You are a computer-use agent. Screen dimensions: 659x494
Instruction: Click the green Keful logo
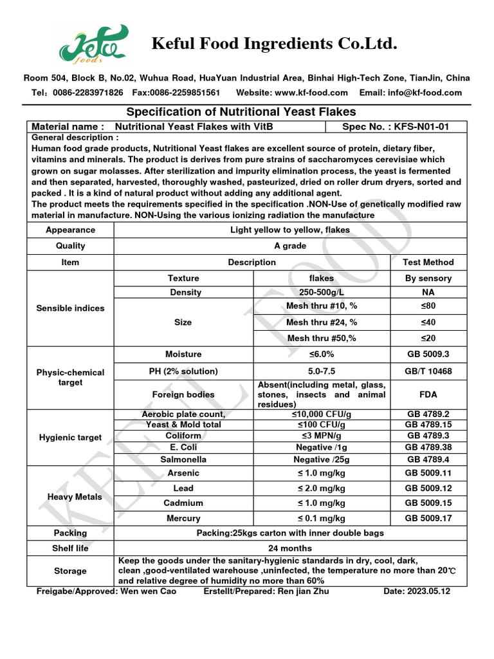[93, 47]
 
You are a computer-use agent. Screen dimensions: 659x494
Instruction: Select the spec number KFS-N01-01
[414, 127]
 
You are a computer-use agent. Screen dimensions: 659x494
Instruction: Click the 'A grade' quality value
[290, 246]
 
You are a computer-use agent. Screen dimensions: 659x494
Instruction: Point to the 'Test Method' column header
[428, 262]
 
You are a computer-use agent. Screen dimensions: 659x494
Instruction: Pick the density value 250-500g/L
[322, 292]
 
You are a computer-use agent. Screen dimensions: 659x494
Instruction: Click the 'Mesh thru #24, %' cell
[322, 322]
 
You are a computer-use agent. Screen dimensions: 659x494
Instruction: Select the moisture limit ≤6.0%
[322, 354]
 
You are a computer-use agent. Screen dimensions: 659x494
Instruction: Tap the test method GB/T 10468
[428, 371]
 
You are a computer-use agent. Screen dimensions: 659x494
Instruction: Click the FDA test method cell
[428, 394]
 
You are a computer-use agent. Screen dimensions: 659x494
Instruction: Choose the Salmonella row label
[183, 459]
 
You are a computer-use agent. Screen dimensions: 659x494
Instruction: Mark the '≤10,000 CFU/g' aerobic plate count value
[322, 414]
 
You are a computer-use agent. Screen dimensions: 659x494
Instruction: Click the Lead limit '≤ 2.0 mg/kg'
[322, 488]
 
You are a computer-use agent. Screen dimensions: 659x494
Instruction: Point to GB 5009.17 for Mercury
[428, 518]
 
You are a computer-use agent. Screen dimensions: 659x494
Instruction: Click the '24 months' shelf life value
[290, 548]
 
